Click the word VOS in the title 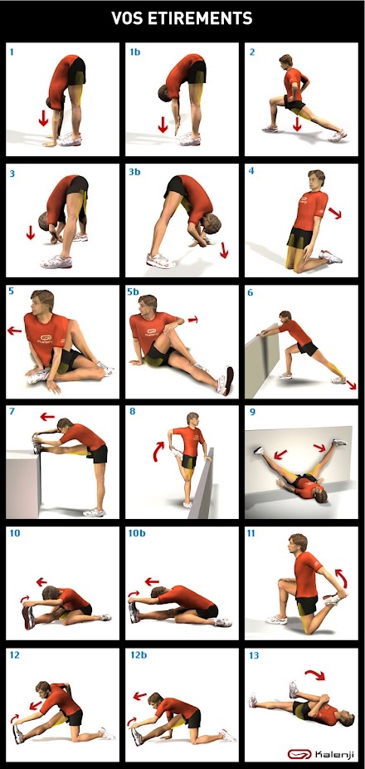[x=125, y=18]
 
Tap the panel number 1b [x=134, y=51]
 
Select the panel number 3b [x=134, y=173]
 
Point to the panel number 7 [x=12, y=410]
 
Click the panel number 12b [x=137, y=655]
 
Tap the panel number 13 [x=254, y=655]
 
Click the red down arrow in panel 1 [x=43, y=118]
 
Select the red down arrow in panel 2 [x=296, y=124]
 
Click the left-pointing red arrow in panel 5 [x=15, y=331]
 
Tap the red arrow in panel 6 [x=351, y=384]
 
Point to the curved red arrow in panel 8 [x=158, y=451]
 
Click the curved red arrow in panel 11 [x=342, y=577]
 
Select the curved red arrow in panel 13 [x=315, y=674]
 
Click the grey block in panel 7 [x=23, y=483]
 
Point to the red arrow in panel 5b [x=193, y=320]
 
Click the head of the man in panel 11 [x=298, y=543]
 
